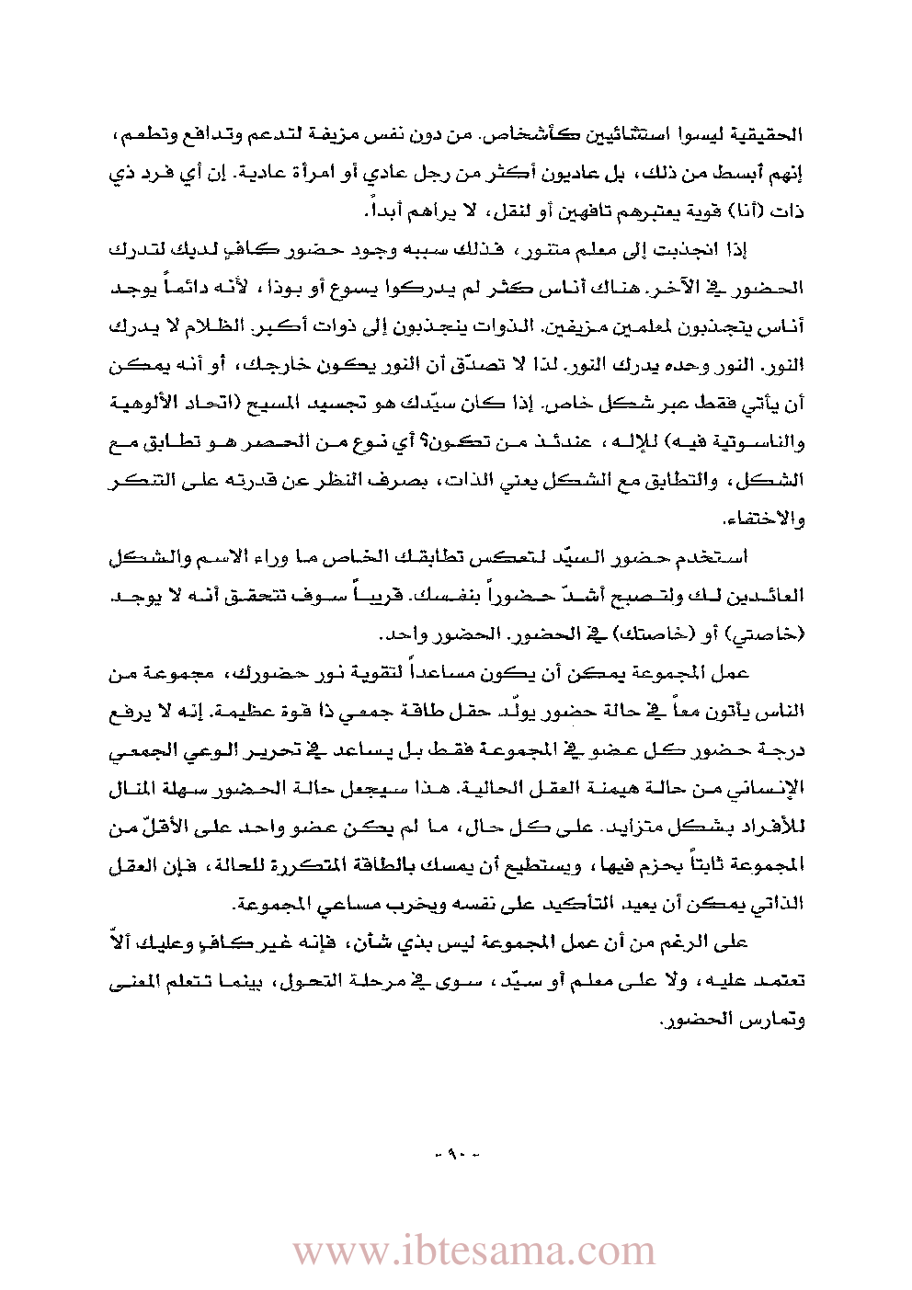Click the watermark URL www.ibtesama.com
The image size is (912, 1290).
[x=473, y=1251]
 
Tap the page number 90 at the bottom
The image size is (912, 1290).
[x=456, y=1152]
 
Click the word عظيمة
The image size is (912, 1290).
[x=219, y=711]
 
